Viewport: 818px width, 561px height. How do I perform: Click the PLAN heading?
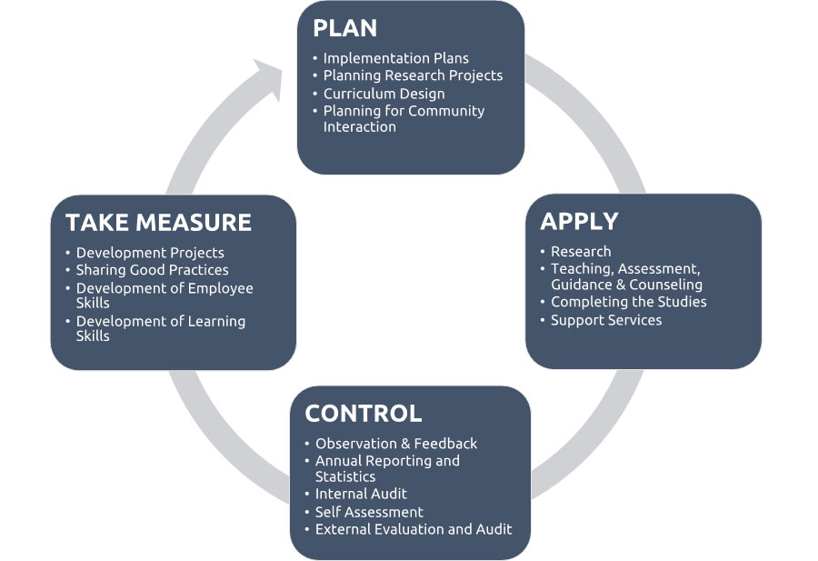click(344, 28)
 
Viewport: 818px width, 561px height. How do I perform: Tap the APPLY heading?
click(579, 221)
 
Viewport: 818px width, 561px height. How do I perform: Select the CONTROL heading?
click(364, 414)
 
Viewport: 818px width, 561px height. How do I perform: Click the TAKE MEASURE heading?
click(158, 222)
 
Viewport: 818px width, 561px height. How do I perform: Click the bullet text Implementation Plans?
click(396, 58)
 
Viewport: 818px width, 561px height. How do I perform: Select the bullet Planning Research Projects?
click(413, 75)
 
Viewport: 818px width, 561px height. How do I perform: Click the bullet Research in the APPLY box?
click(581, 252)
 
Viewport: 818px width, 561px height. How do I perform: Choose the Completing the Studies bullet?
click(628, 302)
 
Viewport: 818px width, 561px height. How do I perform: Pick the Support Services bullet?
click(606, 320)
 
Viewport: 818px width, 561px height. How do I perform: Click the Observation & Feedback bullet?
click(396, 444)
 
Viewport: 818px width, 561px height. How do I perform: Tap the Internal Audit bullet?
click(361, 494)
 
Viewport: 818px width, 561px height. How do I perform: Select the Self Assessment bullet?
click(369, 512)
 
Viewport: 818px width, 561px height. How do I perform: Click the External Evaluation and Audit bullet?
click(414, 529)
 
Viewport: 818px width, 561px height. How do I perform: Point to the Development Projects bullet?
click(150, 253)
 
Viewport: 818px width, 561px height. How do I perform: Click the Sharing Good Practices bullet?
click(152, 270)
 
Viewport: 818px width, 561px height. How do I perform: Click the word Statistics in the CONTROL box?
click(345, 476)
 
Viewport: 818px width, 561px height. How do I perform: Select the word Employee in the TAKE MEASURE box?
click(218, 288)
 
